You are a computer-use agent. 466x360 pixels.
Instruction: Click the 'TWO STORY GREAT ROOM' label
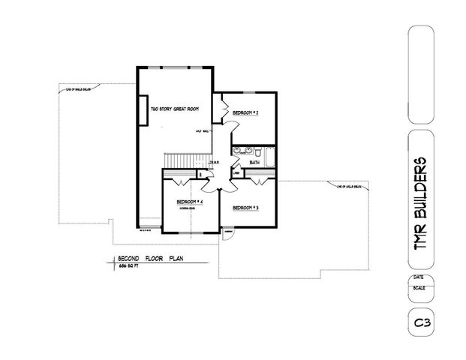click(176, 109)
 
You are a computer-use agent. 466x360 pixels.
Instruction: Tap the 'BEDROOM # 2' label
click(245, 112)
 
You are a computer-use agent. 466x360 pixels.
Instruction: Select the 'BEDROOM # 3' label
click(245, 207)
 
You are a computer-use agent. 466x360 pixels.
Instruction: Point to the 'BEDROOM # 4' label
click(190, 202)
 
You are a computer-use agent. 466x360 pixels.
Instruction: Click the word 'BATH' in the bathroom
click(254, 161)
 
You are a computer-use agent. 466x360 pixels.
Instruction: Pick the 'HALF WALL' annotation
click(202, 130)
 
